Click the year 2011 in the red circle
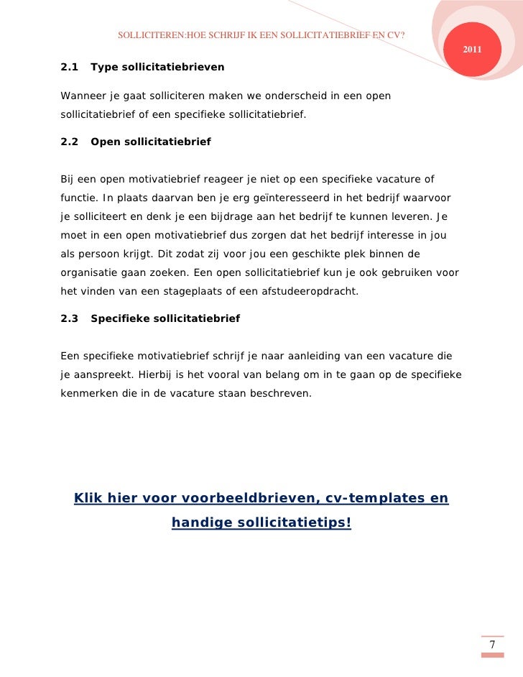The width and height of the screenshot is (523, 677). (x=472, y=50)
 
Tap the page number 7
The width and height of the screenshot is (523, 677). (x=492, y=645)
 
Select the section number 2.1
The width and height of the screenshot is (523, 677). (x=70, y=67)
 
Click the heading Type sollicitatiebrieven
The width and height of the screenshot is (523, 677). (x=157, y=67)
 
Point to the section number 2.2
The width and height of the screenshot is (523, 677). (x=70, y=142)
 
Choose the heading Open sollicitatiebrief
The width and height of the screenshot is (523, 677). (x=151, y=142)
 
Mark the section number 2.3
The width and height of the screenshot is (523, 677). (x=70, y=318)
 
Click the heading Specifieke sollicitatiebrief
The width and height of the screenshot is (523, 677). (x=165, y=318)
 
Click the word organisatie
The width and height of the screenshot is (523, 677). (x=91, y=272)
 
